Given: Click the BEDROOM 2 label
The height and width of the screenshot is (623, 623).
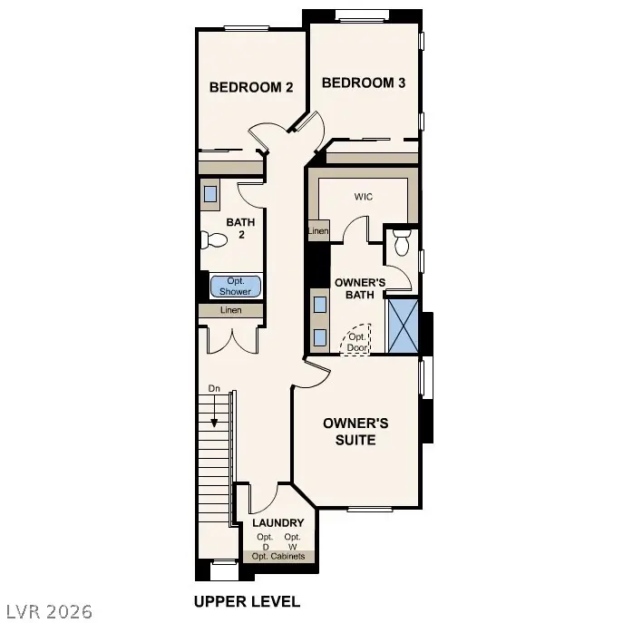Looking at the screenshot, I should tap(251, 88).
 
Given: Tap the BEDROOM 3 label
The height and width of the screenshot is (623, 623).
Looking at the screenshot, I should tap(363, 83).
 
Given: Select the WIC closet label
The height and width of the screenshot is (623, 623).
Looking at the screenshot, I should tap(364, 196).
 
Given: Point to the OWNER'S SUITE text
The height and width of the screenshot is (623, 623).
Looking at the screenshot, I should tap(356, 432).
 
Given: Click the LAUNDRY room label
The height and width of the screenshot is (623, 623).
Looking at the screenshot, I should tap(277, 523).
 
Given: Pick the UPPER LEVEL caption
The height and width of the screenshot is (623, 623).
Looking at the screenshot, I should tap(247, 601).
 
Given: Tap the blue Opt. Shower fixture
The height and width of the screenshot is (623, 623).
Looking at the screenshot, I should tap(236, 287).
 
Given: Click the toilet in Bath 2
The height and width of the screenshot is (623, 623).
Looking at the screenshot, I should tap(214, 240).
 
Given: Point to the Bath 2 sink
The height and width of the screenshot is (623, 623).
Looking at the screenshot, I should tap(210, 194).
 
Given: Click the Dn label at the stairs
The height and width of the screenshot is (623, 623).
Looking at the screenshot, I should tap(214, 388).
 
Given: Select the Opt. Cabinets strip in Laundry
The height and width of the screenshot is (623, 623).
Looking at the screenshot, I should tap(278, 556).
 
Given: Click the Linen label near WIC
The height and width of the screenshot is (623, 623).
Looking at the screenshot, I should tap(317, 232).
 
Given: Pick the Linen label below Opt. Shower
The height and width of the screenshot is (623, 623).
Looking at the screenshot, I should tap(231, 311).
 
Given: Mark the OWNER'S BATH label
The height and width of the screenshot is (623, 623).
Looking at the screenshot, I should tap(360, 288).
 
